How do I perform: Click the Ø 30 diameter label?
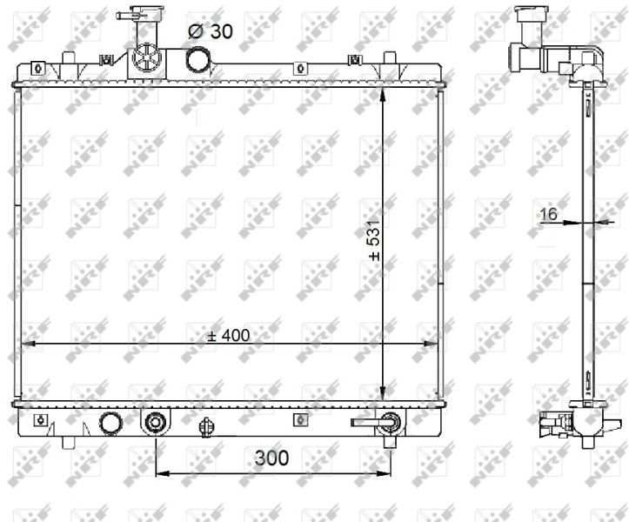click(x=211, y=31)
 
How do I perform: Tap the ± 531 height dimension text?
click(x=374, y=240)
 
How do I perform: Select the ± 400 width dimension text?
click(x=229, y=336)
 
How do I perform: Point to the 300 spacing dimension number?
click(x=271, y=458)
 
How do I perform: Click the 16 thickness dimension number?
click(x=548, y=214)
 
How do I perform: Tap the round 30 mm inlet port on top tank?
click(x=197, y=58)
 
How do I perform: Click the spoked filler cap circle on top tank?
click(x=146, y=58)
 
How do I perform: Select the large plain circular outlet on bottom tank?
click(x=110, y=424)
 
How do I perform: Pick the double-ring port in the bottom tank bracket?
click(x=155, y=423)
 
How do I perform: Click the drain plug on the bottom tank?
click(x=206, y=427)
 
